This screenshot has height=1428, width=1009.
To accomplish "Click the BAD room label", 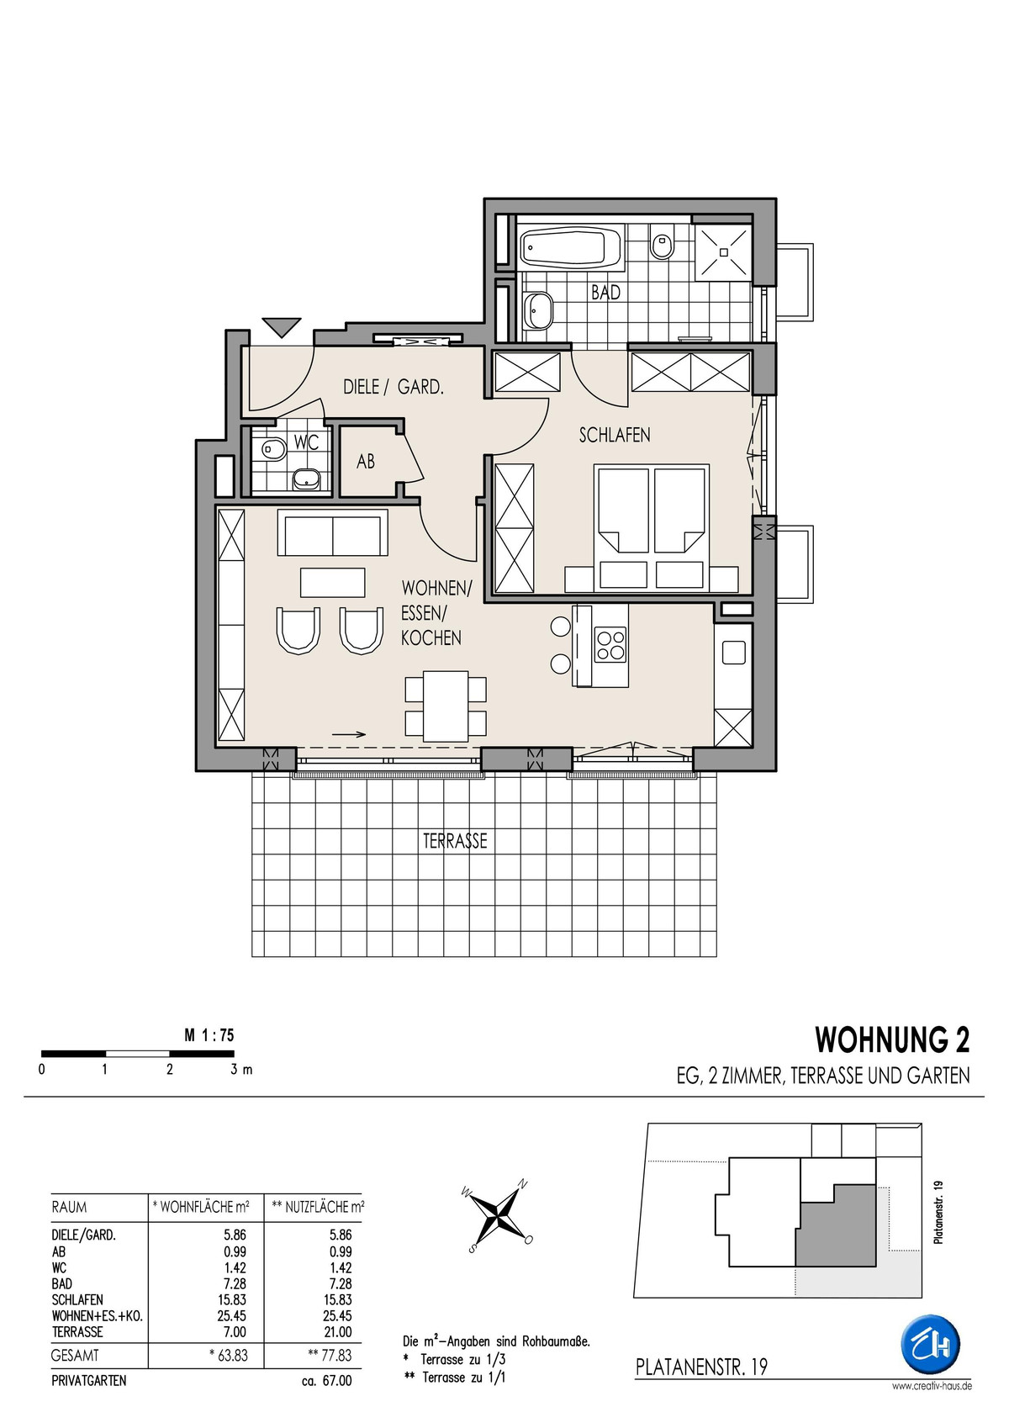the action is [605, 293].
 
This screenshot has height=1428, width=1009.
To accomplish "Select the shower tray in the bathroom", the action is [723, 251].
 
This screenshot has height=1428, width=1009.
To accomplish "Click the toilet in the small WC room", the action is [272, 449].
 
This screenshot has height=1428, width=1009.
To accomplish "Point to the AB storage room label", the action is [366, 461].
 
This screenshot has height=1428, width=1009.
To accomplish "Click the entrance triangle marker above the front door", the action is [282, 328].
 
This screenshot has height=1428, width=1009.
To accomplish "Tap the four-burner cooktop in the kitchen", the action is [610, 646].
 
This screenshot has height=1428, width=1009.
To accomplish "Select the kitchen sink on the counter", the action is [734, 652].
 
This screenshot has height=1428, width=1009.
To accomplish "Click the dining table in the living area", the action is [446, 706].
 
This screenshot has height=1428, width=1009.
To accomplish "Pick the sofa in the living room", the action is [333, 533].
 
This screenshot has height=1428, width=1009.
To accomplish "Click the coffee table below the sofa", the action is [333, 582].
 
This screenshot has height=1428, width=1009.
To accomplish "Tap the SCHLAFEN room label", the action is [615, 436].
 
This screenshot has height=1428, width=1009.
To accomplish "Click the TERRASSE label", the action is [455, 841].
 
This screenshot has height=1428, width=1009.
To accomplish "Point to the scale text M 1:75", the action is [209, 1035].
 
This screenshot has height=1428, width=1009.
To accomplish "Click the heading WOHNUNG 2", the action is [892, 1039].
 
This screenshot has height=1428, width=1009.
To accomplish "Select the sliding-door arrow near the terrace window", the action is [349, 733].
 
